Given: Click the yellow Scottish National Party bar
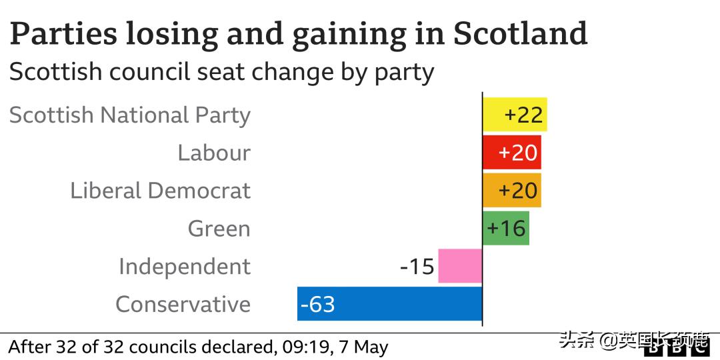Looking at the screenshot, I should click(x=515, y=115).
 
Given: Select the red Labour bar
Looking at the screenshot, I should click(x=511, y=153).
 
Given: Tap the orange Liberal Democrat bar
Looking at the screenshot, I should click(x=511, y=191).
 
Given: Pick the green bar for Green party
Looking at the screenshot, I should click(x=505, y=229).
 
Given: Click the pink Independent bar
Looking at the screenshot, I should click(x=460, y=266).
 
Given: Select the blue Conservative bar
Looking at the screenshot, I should click(x=389, y=304).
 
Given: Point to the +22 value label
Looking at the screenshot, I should click(x=524, y=115).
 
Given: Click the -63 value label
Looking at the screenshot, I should click(x=318, y=305).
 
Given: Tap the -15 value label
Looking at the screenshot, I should click(x=417, y=267).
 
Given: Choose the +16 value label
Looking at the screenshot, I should click(x=507, y=229).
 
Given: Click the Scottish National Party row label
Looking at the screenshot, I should click(x=130, y=115).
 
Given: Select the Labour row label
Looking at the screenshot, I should click(x=214, y=153).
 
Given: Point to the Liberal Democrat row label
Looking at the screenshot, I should click(x=161, y=191).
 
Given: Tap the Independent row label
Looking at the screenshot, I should click(x=185, y=267).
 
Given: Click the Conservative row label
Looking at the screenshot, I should click(x=183, y=305).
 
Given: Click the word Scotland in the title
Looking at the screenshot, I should click(x=521, y=33).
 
